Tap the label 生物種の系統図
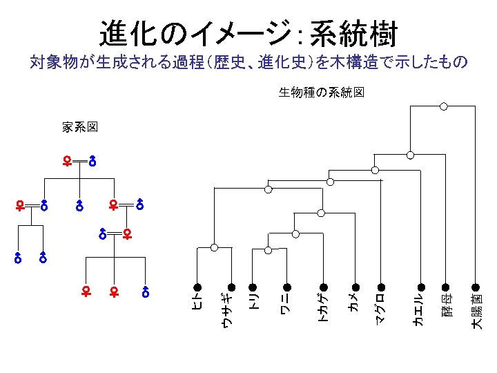tap(321, 92)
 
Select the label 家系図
tap(79, 127)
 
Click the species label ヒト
tap(197, 302)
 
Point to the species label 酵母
tap(446, 305)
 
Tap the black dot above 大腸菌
tap(475, 287)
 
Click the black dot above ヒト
tap(197, 287)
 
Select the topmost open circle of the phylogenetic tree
tap(444, 106)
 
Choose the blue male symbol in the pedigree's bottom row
tap(146, 291)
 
